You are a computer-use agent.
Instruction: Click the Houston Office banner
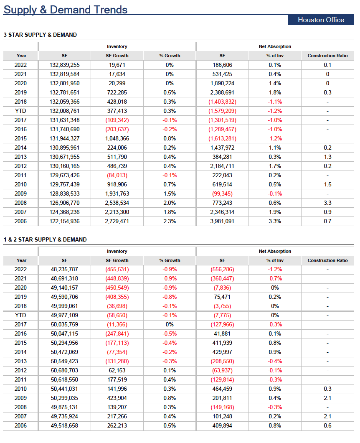coord(321,20)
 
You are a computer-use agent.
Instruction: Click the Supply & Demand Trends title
coord(66,10)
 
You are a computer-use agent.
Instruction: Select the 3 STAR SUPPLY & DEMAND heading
coord(40,35)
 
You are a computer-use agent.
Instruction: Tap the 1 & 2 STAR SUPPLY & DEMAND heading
coord(45,239)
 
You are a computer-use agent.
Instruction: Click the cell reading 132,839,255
coord(65,65)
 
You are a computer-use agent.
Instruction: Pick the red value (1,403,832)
coord(223,102)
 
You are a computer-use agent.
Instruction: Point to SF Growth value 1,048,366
coord(117,138)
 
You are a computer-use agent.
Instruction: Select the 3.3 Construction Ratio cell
coord(327,203)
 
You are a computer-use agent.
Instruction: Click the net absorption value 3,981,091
coord(223,221)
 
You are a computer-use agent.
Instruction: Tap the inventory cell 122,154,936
coord(65,221)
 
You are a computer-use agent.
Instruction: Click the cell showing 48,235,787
coord(65,269)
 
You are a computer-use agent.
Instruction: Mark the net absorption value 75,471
coord(223,297)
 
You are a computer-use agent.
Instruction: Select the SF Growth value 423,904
coord(117,398)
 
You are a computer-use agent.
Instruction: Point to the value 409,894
coord(223,425)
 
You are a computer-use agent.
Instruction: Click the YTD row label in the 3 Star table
coord(20,111)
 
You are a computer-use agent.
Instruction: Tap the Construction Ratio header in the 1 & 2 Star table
coord(327,260)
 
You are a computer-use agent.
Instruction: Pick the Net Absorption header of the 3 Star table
coord(275,47)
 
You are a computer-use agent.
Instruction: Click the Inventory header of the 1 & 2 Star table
coord(117,251)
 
